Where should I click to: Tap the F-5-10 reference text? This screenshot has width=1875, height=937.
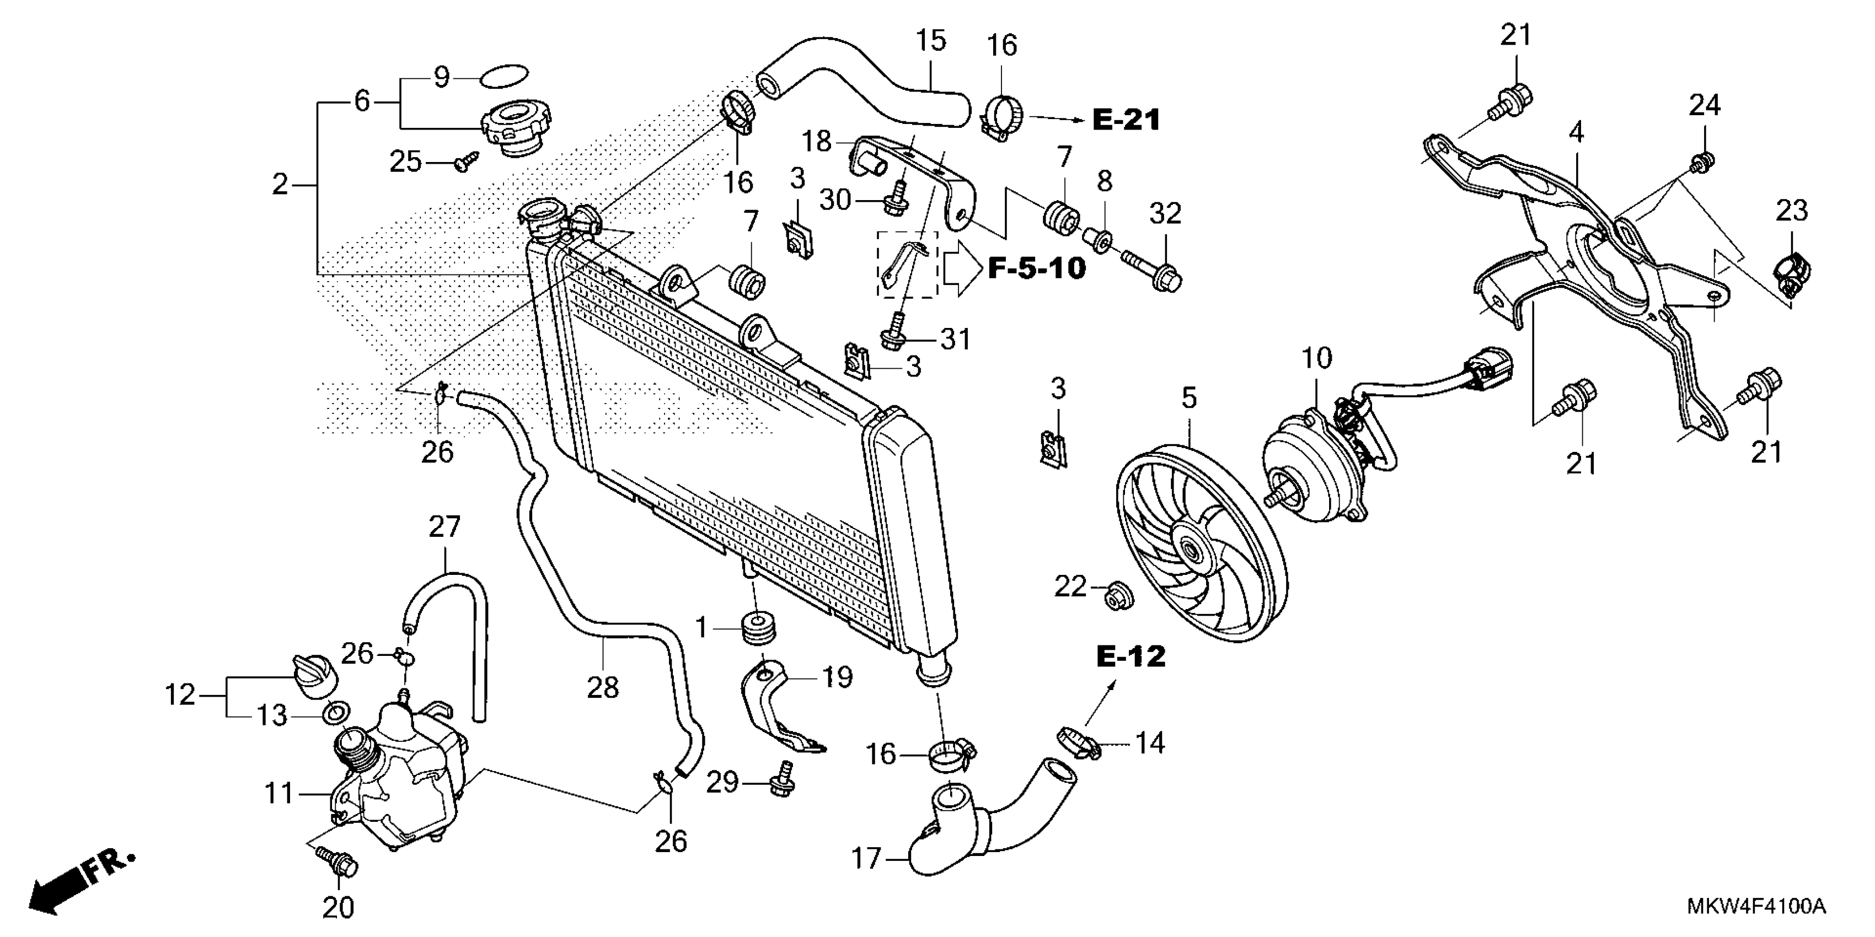(x=1037, y=269)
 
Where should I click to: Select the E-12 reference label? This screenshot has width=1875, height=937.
(x=1131, y=657)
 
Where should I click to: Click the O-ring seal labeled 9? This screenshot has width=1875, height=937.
(x=505, y=76)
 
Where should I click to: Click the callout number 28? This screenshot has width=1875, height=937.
(x=603, y=687)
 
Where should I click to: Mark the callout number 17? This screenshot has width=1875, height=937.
(x=866, y=859)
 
